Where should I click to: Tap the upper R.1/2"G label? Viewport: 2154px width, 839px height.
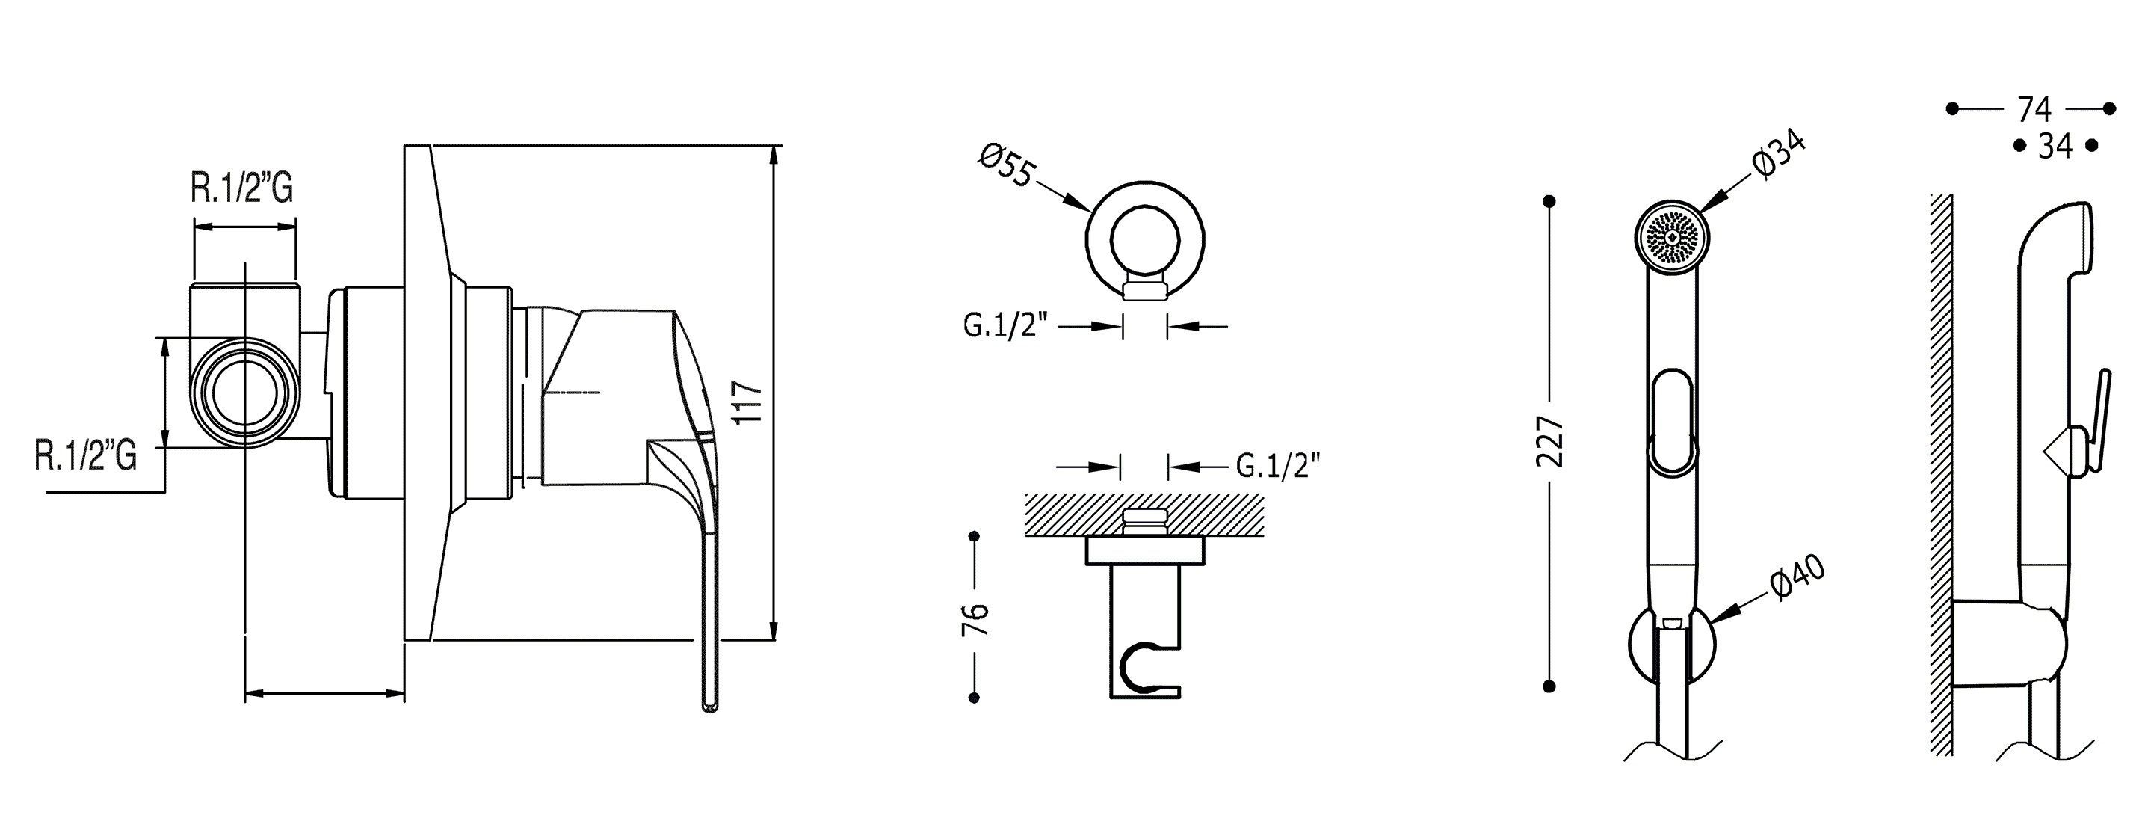241,189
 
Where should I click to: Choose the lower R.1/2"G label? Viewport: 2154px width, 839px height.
85,457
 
